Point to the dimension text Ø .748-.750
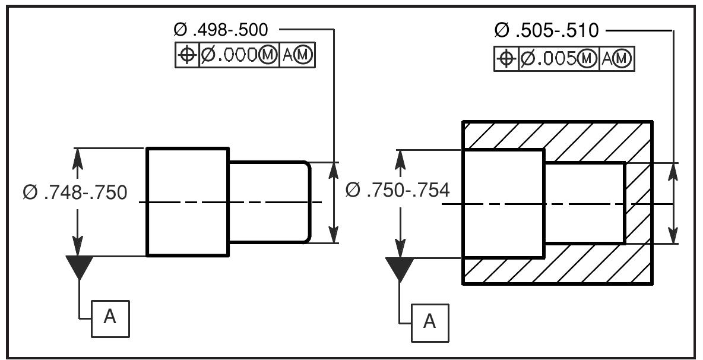coord(75,192)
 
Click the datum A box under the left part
coord(110,317)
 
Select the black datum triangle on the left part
coord(79,266)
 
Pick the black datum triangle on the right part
coord(400,269)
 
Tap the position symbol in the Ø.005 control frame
coord(506,59)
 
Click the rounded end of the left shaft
coord(307,202)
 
